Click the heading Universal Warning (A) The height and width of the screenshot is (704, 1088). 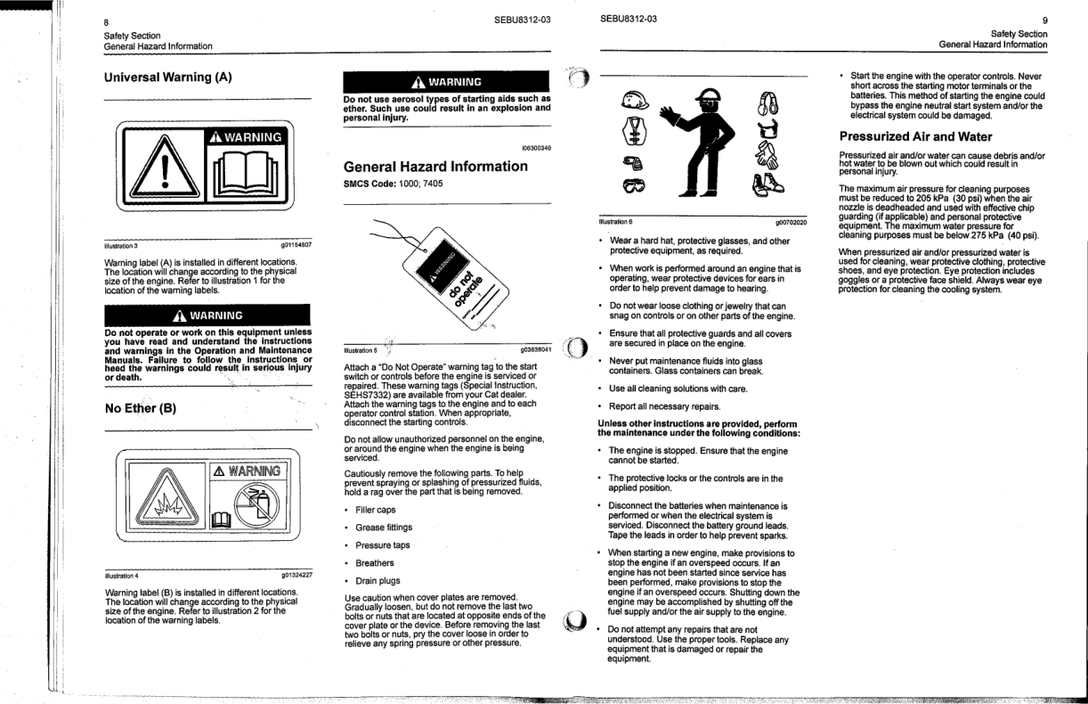coord(168,77)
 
